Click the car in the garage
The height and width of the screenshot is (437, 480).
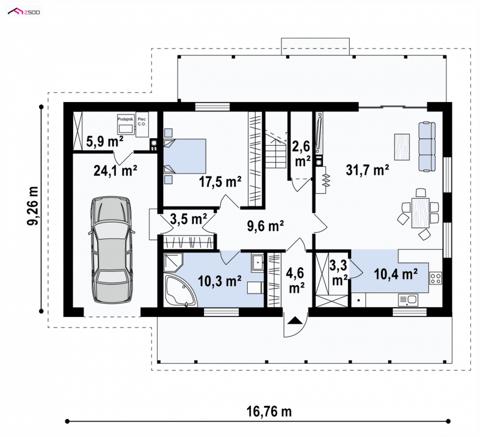pyautogui.click(x=112, y=250)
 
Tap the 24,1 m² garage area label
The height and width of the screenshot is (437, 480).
pyautogui.click(x=115, y=170)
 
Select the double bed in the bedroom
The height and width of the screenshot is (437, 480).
pyautogui.click(x=184, y=156)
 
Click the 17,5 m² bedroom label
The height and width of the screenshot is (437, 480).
pyautogui.click(x=220, y=182)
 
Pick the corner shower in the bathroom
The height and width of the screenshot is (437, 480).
pyautogui.click(x=173, y=262)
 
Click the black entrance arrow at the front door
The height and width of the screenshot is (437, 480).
pyautogui.click(x=295, y=321)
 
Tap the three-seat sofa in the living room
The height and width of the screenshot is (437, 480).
pyautogui.click(x=427, y=146)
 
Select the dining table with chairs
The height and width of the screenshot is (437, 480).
pyautogui.click(x=419, y=213)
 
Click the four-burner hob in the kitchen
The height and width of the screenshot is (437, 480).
pyautogui.click(x=436, y=278)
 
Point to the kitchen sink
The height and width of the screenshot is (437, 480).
pyautogui.click(x=408, y=300)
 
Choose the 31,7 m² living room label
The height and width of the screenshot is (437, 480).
pyautogui.click(x=367, y=170)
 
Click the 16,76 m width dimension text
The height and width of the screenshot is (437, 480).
pyautogui.click(x=269, y=412)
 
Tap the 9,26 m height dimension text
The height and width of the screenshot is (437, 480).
pyautogui.click(x=33, y=205)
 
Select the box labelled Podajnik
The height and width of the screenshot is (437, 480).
pyautogui.click(x=126, y=124)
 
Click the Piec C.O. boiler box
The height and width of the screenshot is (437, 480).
pyautogui.click(x=142, y=124)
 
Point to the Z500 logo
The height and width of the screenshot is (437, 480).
pyautogui.click(x=24, y=12)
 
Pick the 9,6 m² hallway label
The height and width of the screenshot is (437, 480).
pyautogui.click(x=265, y=226)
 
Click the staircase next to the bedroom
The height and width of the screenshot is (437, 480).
pyautogui.click(x=276, y=149)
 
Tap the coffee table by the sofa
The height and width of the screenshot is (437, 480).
pyautogui.click(x=402, y=147)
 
